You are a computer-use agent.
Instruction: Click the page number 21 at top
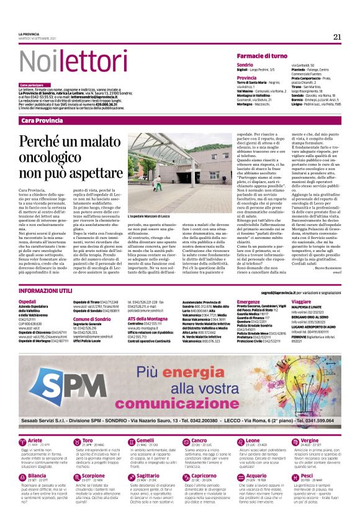click(337, 36)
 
